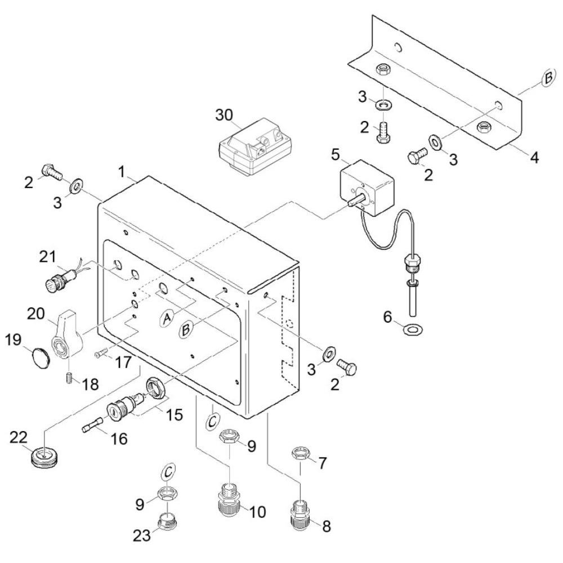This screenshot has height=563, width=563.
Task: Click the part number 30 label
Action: (224, 115)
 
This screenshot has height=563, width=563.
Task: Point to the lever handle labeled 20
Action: (68, 334)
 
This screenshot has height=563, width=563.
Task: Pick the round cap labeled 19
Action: (40, 356)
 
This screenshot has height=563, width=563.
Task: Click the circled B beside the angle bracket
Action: (548, 78)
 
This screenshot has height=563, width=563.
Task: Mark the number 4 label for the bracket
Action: (535, 158)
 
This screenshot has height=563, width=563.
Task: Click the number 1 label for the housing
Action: (122, 172)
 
